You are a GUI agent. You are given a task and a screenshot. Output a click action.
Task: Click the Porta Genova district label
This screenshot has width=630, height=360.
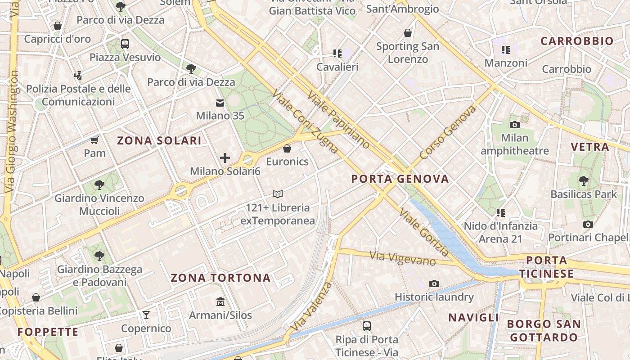(x=400, y=179)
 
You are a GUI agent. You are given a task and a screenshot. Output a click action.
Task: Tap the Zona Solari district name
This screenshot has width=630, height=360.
(x=159, y=140)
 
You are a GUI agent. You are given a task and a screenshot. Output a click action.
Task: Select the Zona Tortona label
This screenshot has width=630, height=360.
(x=220, y=278)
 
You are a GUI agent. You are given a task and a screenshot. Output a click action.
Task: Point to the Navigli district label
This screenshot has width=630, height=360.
(x=474, y=317)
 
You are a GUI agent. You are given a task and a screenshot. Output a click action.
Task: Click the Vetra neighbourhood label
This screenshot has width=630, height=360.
(x=589, y=147)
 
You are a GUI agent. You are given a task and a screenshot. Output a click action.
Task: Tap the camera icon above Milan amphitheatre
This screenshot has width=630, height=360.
(x=515, y=125)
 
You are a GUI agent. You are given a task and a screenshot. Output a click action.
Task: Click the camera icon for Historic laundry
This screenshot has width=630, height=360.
(x=434, y=283)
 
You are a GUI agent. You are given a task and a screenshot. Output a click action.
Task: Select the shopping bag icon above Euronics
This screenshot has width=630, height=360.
(x=287, y=148)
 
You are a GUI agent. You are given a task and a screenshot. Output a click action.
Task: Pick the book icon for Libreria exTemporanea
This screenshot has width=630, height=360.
(x=278, y=194)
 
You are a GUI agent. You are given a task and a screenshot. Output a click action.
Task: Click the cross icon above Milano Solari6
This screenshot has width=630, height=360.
(x=225, y=158)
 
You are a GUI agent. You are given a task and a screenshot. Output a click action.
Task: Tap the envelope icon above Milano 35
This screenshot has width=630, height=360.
(x=220, y=103)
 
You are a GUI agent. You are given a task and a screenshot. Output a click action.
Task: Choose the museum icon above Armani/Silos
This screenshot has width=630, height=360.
(x=220, y=301)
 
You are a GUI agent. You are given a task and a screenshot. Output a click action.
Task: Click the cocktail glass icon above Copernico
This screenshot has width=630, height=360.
(x=146, y=315)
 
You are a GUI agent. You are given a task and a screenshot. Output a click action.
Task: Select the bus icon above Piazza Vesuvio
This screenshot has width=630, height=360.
(x=125, y=44)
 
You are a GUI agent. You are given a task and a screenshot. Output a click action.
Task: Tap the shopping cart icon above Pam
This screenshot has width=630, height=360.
(x=94, y=140)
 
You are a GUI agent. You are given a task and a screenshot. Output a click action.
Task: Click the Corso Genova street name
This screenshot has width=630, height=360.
(x=447, y=133)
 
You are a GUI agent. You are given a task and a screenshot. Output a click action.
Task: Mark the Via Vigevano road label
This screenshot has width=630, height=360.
(x=402, y=258)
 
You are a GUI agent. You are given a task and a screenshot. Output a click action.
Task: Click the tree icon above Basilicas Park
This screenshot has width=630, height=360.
(x=584, y=181)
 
